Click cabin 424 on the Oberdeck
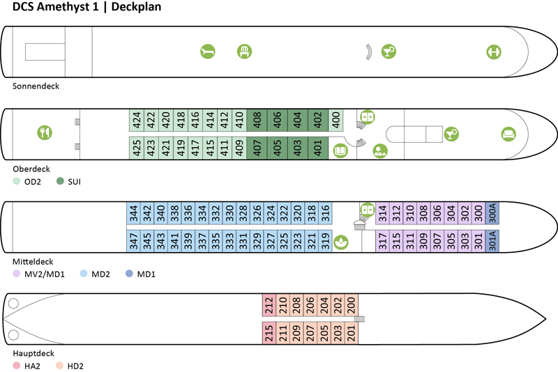(137, 120)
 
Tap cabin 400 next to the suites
(336, 120)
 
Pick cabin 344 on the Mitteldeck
(133, 213)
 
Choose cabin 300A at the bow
(492, 213)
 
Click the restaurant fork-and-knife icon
(45, 132)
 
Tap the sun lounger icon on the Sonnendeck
(208, 51)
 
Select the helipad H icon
(494, 51)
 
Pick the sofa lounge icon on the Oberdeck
(508, 133)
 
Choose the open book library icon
(341, 149)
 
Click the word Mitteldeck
(33, 261)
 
